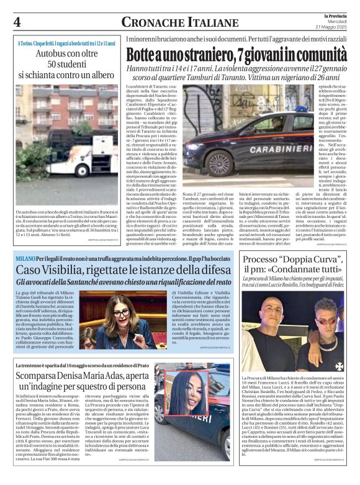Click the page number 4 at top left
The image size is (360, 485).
17,22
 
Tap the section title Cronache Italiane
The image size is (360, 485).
171,22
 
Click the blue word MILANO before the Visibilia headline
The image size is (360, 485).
25,257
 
